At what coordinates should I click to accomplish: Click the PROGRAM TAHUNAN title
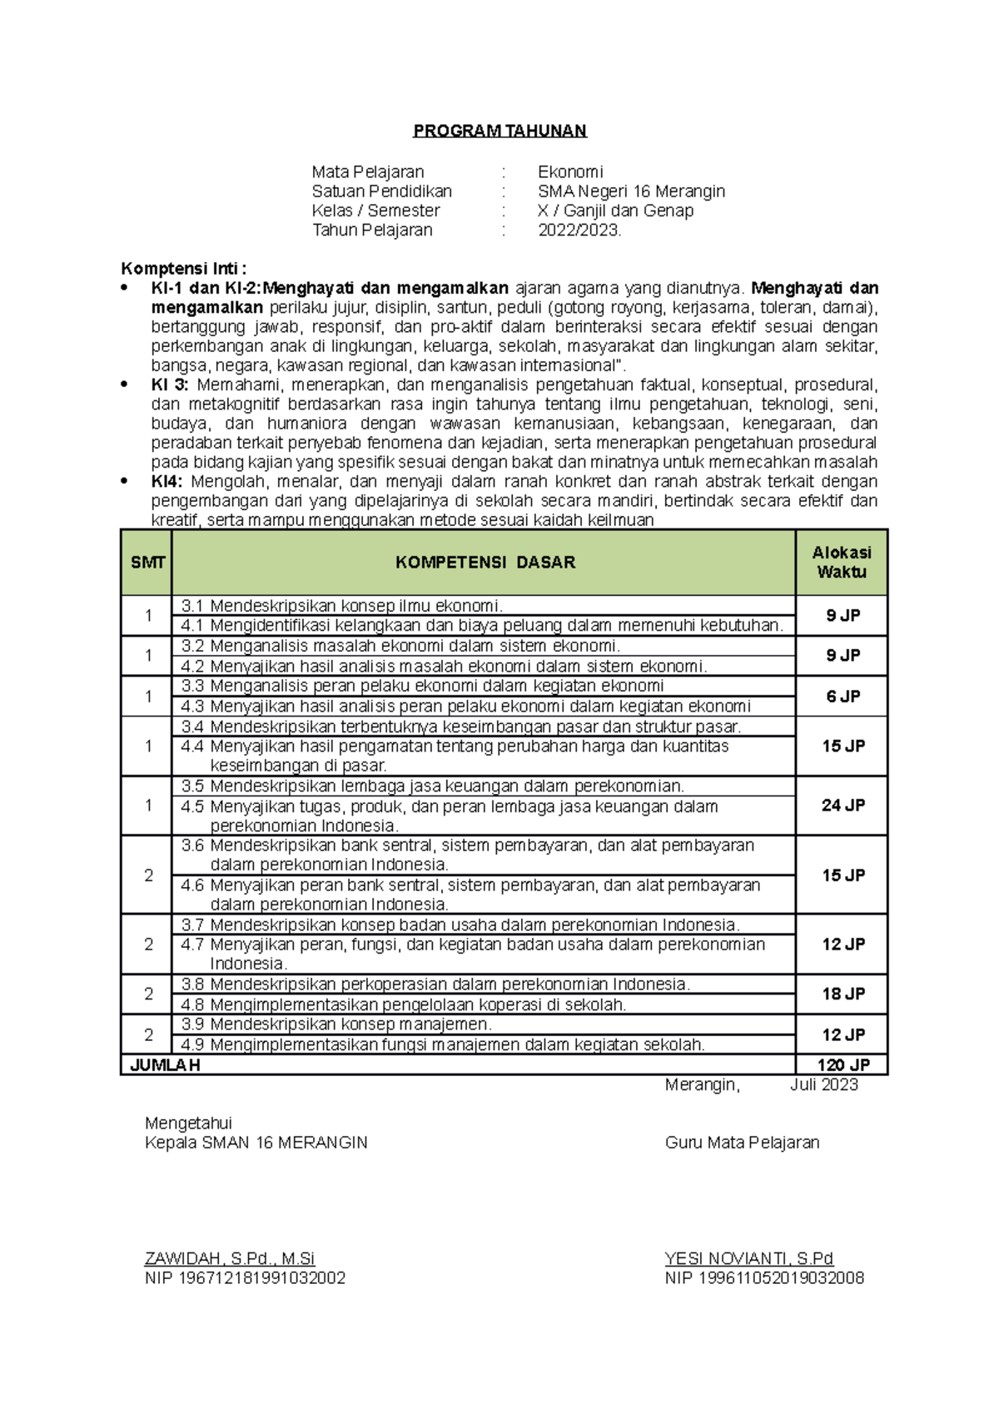coord(499,131)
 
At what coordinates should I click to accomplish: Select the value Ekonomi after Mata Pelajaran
coord(570,172)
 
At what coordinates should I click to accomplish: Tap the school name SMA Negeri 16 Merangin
coord(631,191)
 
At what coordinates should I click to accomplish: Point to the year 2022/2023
coord(579,231)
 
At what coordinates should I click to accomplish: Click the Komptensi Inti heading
coord(183,269)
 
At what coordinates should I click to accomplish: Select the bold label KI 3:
coord(170,385)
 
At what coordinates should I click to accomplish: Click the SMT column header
coord(147,563)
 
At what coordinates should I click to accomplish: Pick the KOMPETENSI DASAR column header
coord(485,563)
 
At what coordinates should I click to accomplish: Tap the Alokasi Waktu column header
coord(842,563)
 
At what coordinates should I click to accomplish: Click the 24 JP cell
coord(842,806)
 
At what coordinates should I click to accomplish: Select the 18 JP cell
coord(842,994)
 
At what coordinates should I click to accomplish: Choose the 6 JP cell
coord(842,697)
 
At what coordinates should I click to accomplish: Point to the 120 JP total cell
coord(842,1065)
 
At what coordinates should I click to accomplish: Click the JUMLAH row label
coord(165,1065)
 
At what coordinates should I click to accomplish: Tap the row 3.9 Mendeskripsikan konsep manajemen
coord(336,1024)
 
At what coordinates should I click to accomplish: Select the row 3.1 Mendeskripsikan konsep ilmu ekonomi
coord(341,606)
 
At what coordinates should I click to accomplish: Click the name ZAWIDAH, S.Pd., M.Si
coord(230,1259)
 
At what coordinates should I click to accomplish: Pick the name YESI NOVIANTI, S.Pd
coord(748,1259)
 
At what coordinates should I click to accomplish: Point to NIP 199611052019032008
coord(763,1278)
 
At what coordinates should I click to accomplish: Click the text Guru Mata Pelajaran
coord(742,1143)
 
